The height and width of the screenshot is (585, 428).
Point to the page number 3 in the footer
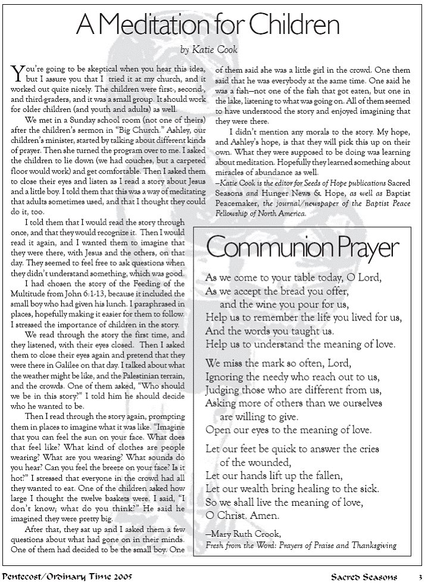pyautogui.click(x=419, y=577)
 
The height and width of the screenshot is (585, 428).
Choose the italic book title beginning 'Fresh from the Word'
pyautogui.click(x=301, y=544)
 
